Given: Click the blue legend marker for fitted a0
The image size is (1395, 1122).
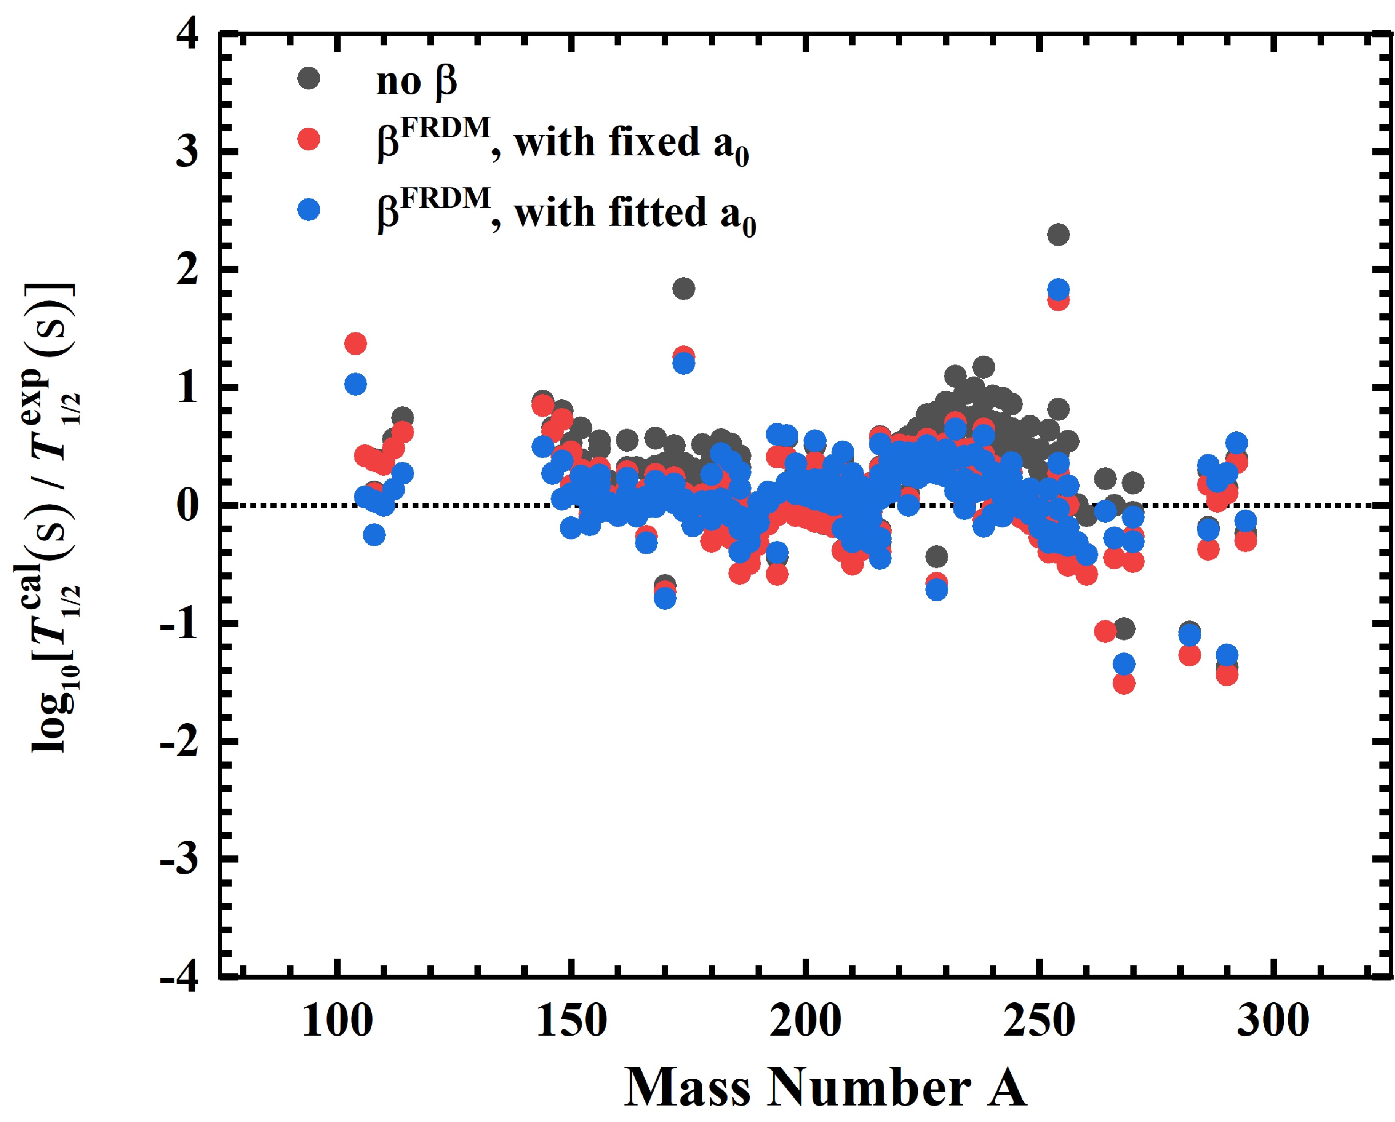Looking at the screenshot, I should click(309, 209).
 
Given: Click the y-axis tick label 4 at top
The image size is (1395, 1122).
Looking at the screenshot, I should click(188, 34).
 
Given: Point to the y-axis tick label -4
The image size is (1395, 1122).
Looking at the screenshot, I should click(180, 977).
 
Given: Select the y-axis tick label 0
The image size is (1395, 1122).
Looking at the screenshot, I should click(188, 506).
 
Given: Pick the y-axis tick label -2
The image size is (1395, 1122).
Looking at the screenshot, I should click(180, 741).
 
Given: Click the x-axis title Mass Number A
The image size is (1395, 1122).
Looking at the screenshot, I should click(825, 1088).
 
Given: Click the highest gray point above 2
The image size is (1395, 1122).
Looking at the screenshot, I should click(1058, 235).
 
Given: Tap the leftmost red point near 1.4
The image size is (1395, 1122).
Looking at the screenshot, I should click(355, 343).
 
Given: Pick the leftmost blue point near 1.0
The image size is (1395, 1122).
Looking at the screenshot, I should click(355, 385).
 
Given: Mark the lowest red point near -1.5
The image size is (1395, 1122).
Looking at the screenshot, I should click(1124, 684).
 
